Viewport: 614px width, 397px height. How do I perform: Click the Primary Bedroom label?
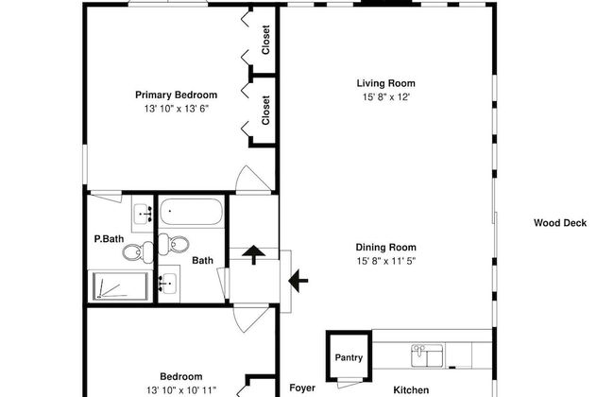(x=177, y=95)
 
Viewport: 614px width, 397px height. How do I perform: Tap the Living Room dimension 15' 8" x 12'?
(x=386, y=96)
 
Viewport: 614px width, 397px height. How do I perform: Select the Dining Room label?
(x=386, y=248)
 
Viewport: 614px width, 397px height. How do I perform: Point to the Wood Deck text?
(x=560, y=223)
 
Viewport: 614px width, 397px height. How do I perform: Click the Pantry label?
(x=349, y=357)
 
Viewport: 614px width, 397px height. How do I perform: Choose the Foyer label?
(x=302, y=388)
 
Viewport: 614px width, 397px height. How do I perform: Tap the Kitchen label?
(x=411, y=390)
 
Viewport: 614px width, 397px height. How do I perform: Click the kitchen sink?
(x=427, y=355)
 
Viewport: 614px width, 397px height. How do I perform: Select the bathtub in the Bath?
(x=192, y=212)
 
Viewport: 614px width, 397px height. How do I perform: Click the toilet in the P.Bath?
(x=138, y=252)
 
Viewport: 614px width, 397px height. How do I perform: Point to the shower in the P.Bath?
(x=120, y=286)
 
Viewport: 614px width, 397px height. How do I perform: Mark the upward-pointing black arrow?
(x=254, y=254)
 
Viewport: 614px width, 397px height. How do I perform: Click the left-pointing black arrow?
(x=298, y=281)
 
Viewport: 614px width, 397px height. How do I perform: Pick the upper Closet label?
(x=265, y=40)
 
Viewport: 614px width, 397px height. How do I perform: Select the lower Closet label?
(x=265, y=111)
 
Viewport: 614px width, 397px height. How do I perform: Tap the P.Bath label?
(x=109, y=238)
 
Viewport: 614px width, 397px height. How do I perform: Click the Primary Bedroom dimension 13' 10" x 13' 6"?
(x=177, y=109)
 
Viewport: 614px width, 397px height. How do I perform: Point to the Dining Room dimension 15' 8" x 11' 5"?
(x=386, y=261)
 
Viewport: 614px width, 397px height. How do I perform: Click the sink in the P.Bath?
(x=143, y=214)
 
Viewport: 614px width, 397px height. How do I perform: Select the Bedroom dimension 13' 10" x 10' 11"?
(x=181, y=390)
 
